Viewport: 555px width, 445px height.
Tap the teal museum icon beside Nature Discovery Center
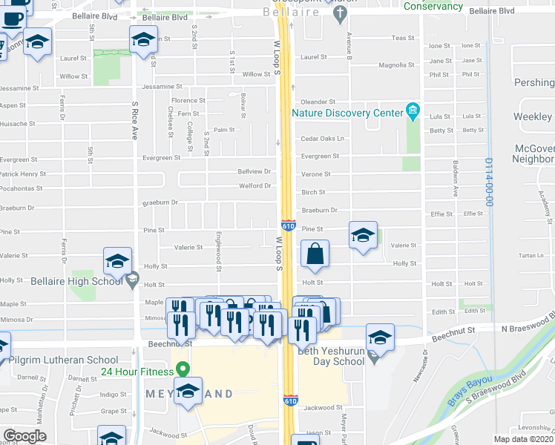coord(413,113)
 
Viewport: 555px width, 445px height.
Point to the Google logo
coord(24,436)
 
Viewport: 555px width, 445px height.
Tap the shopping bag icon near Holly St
coord(315,254)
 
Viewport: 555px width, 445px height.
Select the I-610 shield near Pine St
coord(289,225)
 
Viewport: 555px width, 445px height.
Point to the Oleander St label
coord(318,102)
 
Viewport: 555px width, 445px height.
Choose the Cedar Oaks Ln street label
coord(323,139)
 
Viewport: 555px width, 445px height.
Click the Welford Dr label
coord(254,185)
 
